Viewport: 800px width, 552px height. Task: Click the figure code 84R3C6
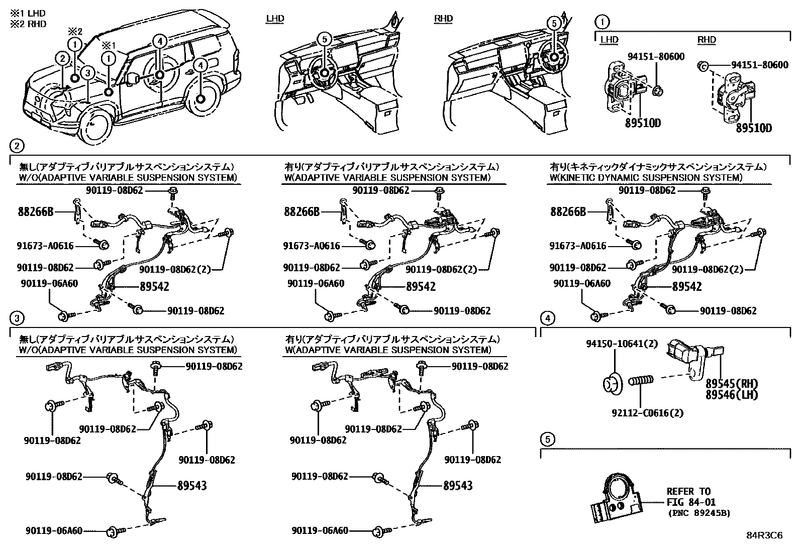tap(764, 535)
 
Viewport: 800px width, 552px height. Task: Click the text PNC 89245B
tap(699, 513)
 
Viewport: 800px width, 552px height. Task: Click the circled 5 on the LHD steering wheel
tap(324, 38)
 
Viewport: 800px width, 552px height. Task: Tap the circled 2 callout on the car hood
tap(62, 59)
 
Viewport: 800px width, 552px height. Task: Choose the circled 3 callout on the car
tap(87, 73)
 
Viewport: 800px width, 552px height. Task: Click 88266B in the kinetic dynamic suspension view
tap(568, 211)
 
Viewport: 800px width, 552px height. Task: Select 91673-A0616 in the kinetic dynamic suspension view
tap(578, 246)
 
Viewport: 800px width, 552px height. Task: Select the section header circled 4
tap(548, 318)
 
